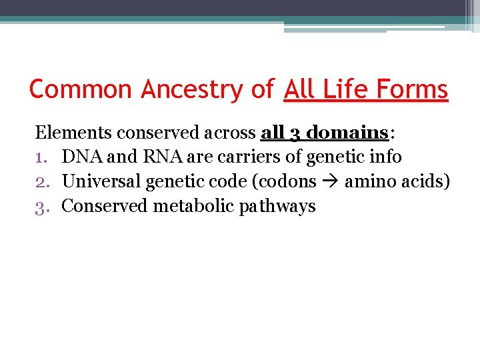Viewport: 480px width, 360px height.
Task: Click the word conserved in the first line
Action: (x=148, y=133)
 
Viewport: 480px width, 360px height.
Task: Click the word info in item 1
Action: (x=387, y=157)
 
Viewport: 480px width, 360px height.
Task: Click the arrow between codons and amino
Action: (x=331, y=182)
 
